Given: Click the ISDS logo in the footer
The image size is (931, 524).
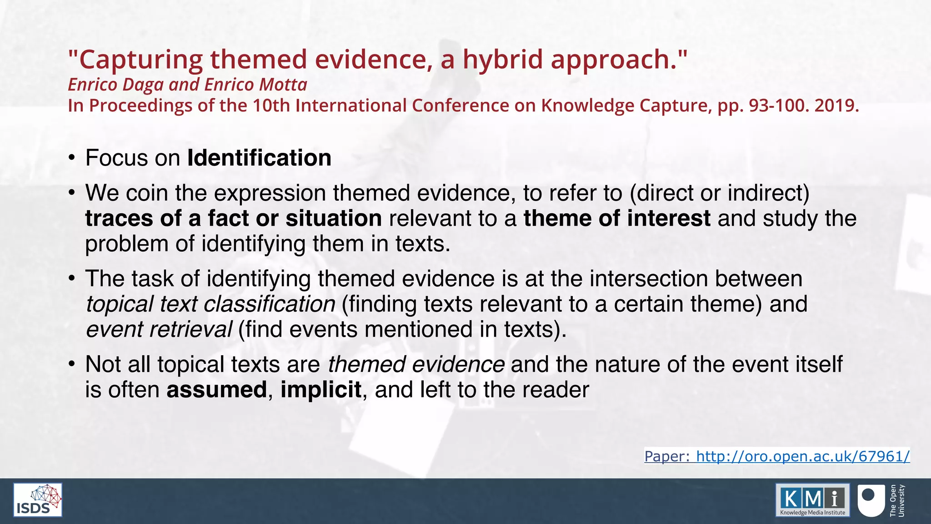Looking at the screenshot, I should (38, 500).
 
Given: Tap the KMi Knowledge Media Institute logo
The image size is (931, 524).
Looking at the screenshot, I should (812, 500).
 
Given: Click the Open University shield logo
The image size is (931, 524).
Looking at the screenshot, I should (871, 500).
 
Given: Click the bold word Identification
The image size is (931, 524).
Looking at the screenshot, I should (259, 158).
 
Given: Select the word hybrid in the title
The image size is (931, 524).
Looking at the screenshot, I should (503, 60).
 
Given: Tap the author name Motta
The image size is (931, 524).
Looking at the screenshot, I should (283, 85).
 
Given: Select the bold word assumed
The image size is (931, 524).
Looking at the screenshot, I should (217, 390).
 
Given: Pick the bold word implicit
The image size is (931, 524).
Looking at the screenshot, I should (321, 390).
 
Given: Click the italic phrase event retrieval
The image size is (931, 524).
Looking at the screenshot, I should (159, 329).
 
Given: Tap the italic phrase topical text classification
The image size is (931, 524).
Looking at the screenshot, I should (210, 304).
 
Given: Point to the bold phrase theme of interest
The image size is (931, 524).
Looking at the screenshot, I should (617, 218).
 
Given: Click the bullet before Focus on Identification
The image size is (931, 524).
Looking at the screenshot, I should (71, 158).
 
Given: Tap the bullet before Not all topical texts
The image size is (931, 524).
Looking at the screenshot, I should (71, 365).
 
